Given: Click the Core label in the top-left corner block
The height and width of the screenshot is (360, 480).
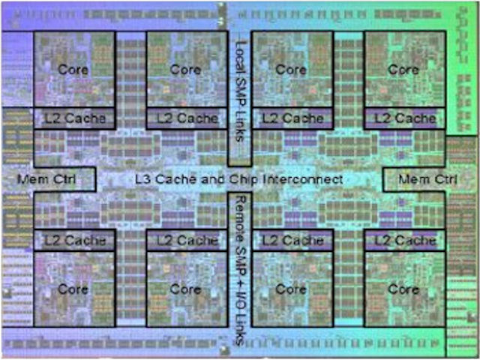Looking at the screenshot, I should [x=73, y=69].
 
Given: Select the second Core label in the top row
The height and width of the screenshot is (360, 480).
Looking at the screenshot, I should [x=185, y=69].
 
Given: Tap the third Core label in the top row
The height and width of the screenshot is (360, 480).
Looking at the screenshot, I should [x=292, y=69].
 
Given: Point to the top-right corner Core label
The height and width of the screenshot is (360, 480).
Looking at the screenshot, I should [x=403, y=69].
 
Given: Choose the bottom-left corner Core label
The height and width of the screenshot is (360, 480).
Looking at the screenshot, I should [x=73, y=289].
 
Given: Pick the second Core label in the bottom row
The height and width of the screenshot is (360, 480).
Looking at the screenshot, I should [x=185, y=289].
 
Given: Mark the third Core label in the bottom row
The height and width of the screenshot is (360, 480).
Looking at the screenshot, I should [x=292, y=289].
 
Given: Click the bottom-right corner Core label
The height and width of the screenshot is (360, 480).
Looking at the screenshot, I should [x=403, y=289].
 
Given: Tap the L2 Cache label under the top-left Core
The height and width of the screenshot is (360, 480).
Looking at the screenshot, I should [x=73, y=118].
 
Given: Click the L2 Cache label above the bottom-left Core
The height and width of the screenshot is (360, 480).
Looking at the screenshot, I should [x=73, y=240].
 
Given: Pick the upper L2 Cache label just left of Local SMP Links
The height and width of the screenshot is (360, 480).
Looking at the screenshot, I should [x=186, y=118].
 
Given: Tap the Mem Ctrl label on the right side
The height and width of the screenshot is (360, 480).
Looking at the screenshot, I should [x=427, y=179].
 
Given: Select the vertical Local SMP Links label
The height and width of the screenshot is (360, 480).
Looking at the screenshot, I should [x=240, y=94].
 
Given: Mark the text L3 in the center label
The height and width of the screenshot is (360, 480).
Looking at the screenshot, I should [x=143, y=179].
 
